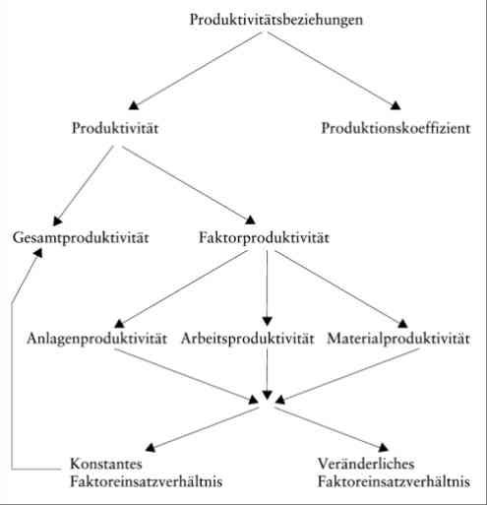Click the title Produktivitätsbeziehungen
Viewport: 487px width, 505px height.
tap(276, 20)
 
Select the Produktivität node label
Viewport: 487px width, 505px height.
tap(115, 128)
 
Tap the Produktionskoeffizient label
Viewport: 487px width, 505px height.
tap(396, 128)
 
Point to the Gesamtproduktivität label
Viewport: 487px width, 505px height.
tap(81, 238)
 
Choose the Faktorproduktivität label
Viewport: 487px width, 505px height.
tap(264, 237)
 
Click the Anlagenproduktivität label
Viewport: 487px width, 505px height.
tap(96, 339)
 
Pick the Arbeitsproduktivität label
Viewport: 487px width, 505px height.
tap(248, 339)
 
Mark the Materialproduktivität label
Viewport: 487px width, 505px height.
tap(398, 339)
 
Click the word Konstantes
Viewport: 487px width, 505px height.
tap(106, 464)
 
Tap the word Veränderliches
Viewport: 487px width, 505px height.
tap(366, 464)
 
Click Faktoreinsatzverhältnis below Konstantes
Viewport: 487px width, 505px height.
tap(147, 481)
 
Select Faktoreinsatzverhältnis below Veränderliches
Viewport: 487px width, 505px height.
tap(394, 481)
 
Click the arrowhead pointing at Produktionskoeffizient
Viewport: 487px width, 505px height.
tap(396, 105)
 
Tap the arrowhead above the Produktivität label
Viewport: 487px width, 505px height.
tap(134, 105)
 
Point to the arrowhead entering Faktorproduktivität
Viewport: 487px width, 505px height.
tap(250, 220)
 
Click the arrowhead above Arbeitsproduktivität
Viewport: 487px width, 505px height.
tap(267, 321)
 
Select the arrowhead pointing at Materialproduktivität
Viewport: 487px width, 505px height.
tap(402, 324)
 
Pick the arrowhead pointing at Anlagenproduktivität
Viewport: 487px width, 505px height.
tap(119, 324)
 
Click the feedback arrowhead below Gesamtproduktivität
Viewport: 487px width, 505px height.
tap(38, 253)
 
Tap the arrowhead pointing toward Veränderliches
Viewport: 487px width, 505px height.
tap(383, 448)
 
